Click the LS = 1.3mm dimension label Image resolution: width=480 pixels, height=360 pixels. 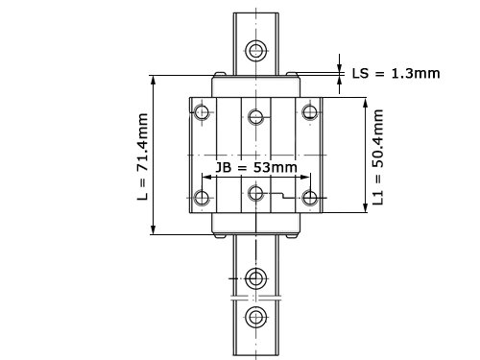point(396,74)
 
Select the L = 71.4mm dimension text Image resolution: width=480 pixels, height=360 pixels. point(143,156)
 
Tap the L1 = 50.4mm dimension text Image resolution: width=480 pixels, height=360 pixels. point(378,156)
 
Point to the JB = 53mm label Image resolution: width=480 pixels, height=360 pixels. point(256,167)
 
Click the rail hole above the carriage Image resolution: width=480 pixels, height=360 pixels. point(256,51)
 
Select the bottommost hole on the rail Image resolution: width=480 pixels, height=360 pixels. point(256,318)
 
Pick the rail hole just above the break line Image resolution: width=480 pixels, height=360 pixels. point(256,278)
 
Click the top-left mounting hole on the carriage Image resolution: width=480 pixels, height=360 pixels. point(202,112)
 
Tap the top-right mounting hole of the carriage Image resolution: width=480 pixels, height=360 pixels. point(310,112)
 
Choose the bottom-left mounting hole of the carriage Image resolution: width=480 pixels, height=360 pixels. point(202,198)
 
